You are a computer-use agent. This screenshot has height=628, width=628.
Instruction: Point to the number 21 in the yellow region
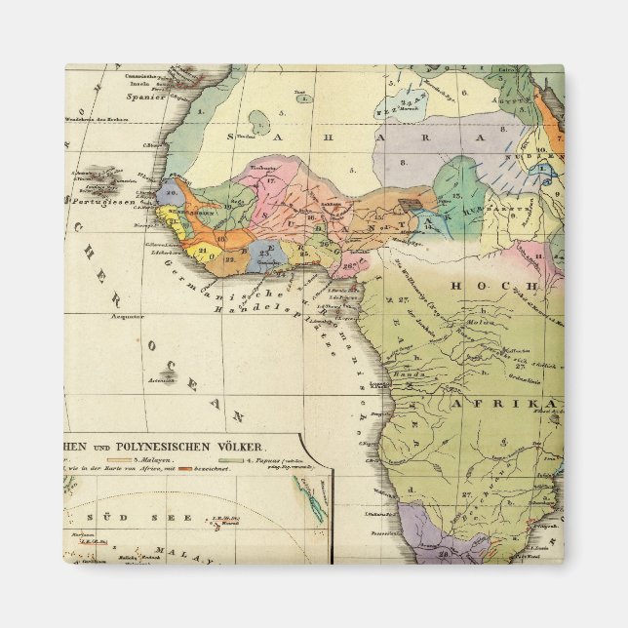click(x=202, y=251)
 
